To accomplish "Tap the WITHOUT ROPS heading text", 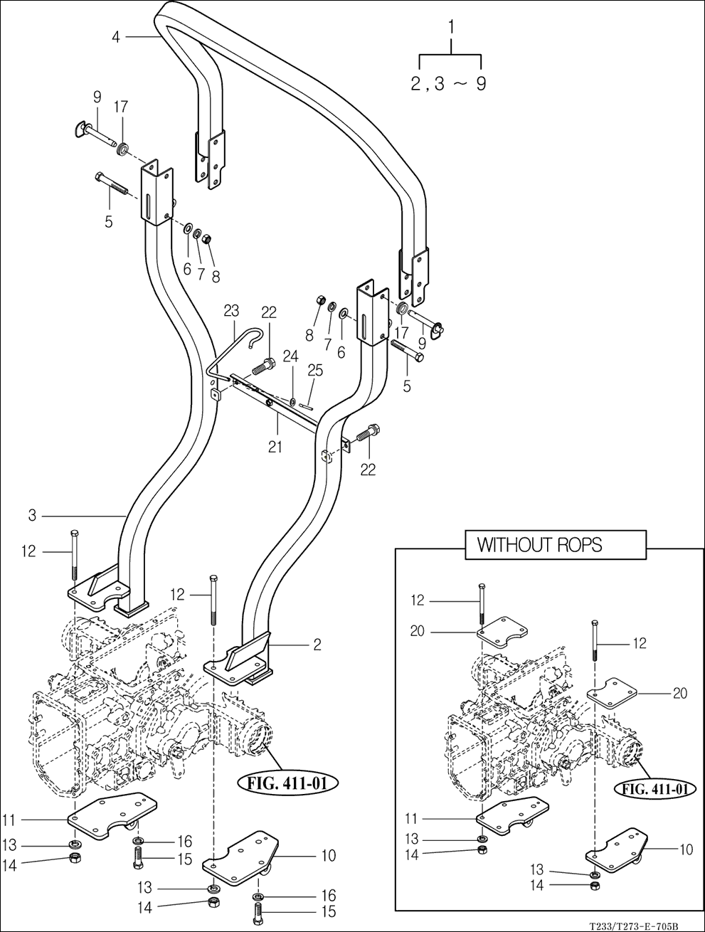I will (539, 546).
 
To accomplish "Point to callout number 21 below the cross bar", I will (275, 447).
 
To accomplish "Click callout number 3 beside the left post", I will (33, 515).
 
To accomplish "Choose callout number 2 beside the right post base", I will (317, 645).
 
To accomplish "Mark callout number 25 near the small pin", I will (315, 371).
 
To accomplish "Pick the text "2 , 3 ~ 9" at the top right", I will (449, 84).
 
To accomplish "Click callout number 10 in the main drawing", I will (328, 855).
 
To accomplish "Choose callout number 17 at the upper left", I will (121, 107).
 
